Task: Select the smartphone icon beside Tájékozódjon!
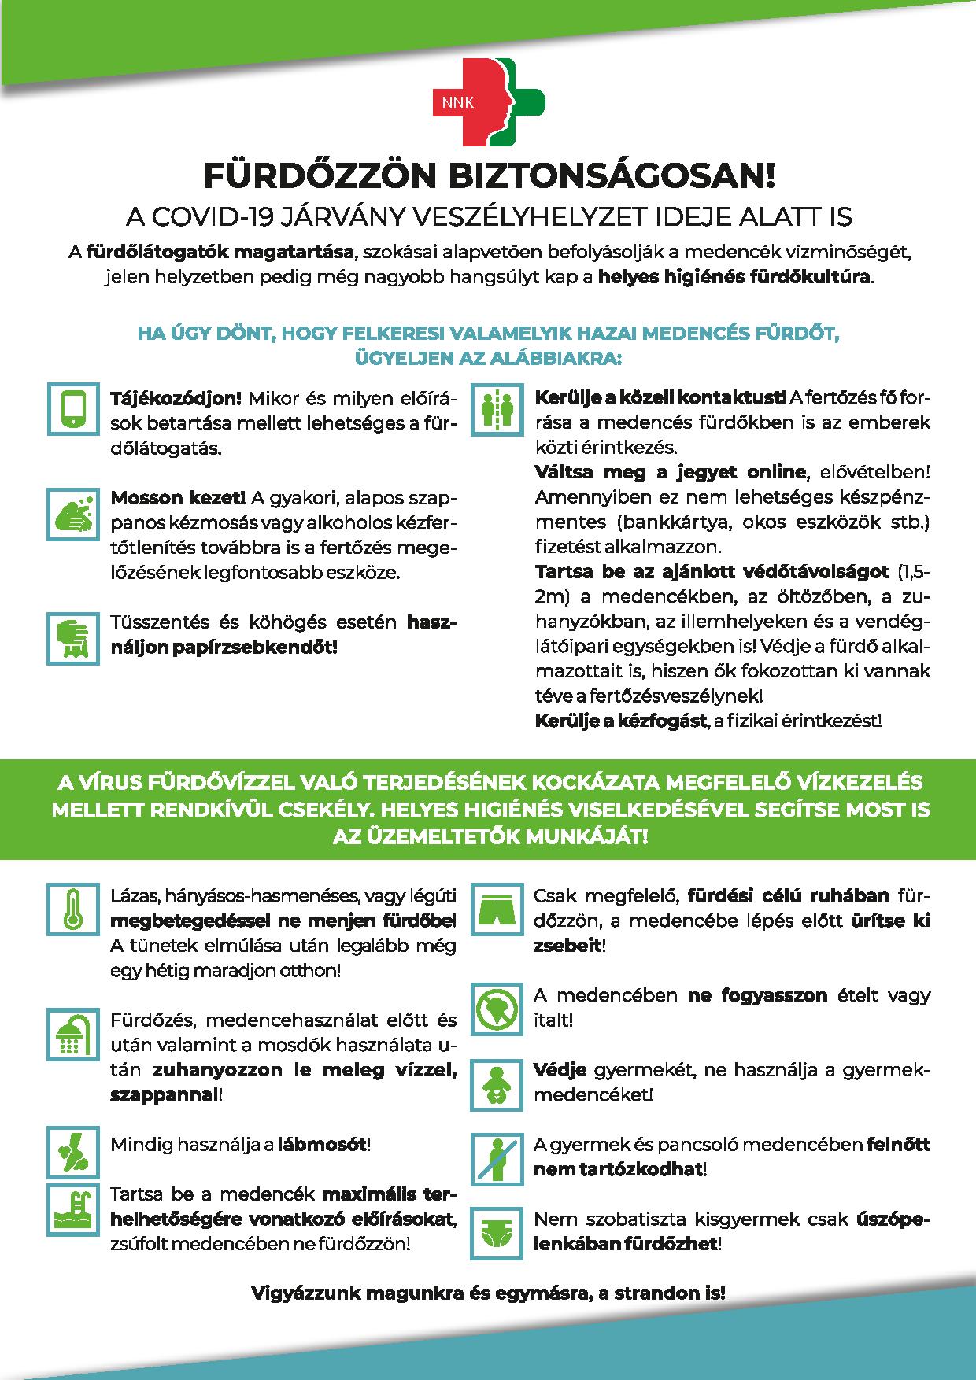pyautogui.click(x=73, y=408)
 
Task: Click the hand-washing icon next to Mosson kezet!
pyautogui.click(x=73, y=514)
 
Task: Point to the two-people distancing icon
pyautogui.click(x=497, y=408)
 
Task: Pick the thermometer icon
pyautogui.click(x=73, y=908)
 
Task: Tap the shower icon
pyautogui.click(x=73, y=1033)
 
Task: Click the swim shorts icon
pyautogui.click(x=497, y=908)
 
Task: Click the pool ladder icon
pyautogui.click(x=73, y=1209)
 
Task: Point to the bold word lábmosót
pyautogui.click(x=322, y=1144)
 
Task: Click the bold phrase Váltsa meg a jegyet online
pyautogui.click(x=671, y=472)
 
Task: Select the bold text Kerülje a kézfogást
pyautogui.click(x=620, y=721)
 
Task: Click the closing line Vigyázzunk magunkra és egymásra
pyautogui.click(x=488, y=1293)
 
